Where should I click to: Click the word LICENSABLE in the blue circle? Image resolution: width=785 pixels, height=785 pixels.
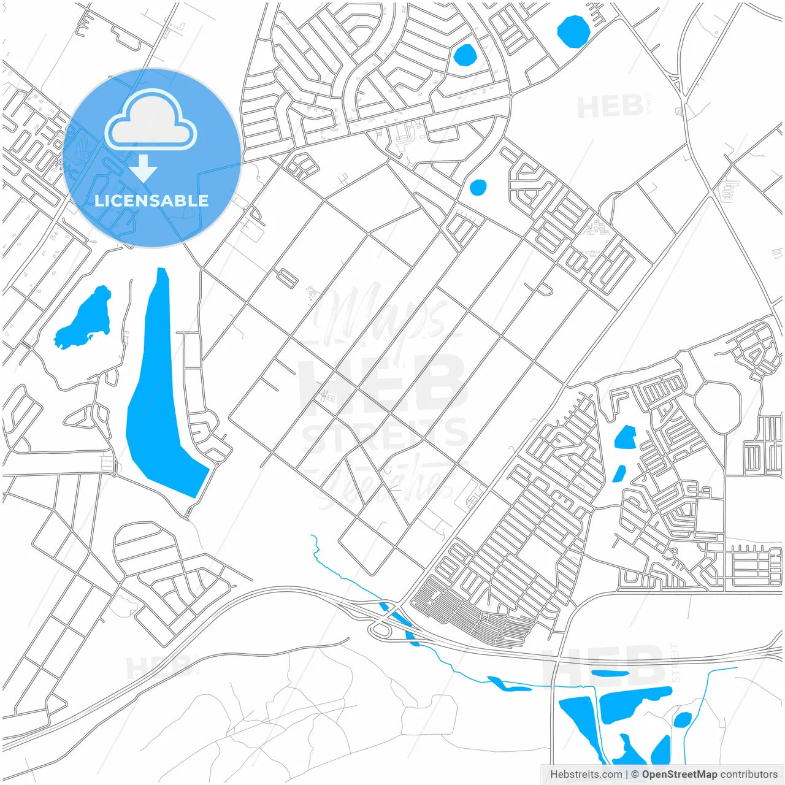tap(151, 201)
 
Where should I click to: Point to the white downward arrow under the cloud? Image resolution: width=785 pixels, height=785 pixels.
tap(144, 167)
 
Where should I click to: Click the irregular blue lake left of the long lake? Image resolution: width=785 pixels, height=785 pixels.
tap(86, 320)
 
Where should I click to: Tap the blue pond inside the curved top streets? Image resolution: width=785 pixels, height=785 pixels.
tap(464, 55)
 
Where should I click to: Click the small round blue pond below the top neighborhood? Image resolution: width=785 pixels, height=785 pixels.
tap(477, 187)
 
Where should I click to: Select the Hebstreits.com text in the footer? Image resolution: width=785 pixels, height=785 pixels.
tap(586, 775)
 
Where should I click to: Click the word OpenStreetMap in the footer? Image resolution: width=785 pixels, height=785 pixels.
tap(680, 775)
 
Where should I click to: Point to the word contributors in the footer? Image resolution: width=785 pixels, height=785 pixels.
tap(749, 775)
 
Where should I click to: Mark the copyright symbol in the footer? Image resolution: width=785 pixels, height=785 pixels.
tap(635, 775)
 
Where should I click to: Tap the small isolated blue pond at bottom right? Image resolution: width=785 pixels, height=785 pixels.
tap(682, 719)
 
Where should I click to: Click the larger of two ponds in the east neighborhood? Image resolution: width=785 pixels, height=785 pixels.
tap(625, 438)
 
